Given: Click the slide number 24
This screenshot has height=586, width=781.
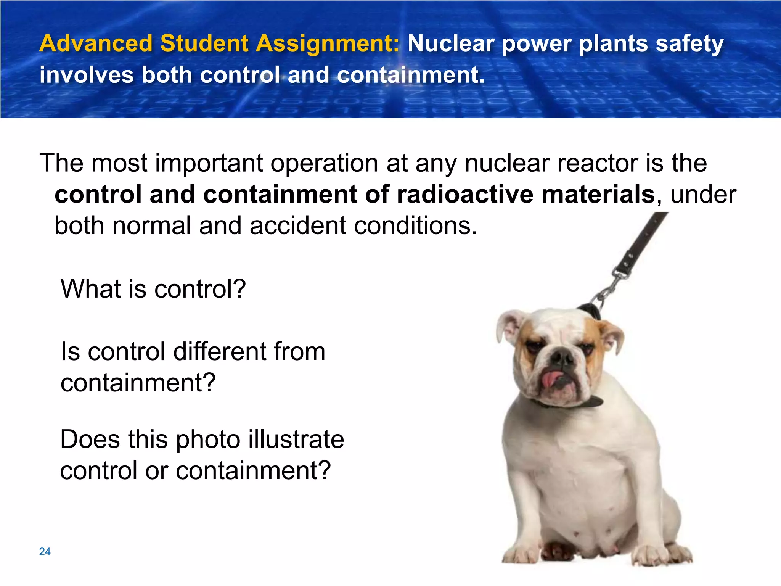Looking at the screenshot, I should [x=45, y=551].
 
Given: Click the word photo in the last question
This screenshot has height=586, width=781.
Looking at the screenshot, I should [x=208, y=439].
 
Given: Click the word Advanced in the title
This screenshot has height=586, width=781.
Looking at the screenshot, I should [x=96, y=43].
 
